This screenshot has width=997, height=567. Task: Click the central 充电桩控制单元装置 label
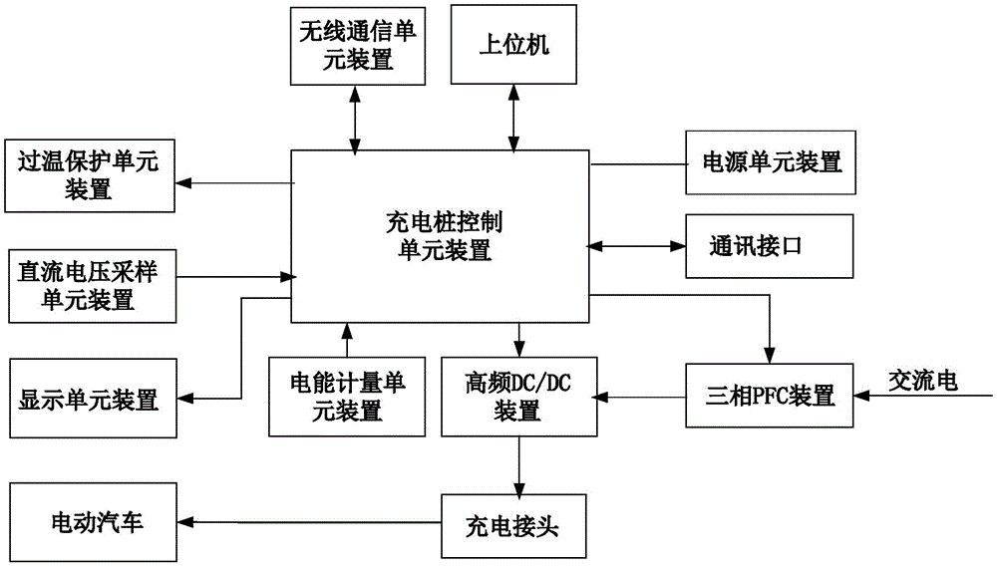point(439,235)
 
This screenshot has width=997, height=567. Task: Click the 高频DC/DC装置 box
point(517,396)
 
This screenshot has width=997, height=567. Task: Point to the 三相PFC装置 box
point(770,396)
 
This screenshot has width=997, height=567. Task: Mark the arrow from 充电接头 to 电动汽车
point(308,523)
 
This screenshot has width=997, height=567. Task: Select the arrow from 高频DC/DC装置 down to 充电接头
point(518,464)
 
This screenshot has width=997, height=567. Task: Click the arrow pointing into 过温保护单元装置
point(234,182)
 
